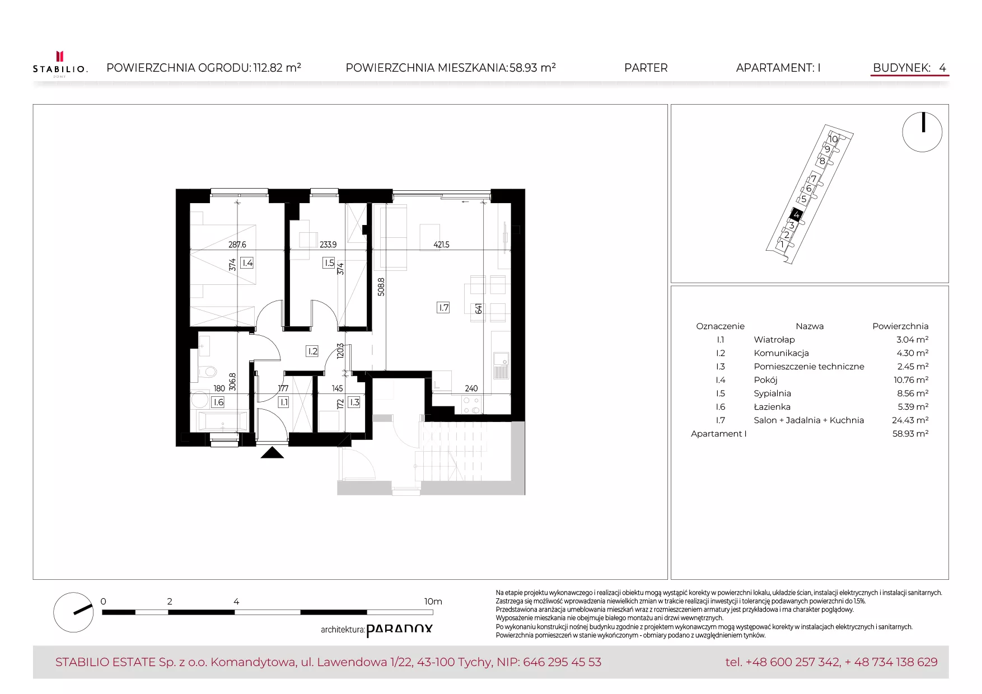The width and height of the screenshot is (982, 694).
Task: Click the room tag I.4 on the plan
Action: tap(247, 262)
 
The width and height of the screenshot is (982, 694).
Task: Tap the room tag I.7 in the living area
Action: tap(443, 307)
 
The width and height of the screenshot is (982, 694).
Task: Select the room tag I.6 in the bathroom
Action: tap(218, 402)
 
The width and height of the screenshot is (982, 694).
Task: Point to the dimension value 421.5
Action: tap(441, 245)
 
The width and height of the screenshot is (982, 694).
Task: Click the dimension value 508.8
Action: tap(381, 287)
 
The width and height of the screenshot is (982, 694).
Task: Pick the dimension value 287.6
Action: tap(237, 245)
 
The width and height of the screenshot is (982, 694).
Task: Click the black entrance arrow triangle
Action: tap(272, 452)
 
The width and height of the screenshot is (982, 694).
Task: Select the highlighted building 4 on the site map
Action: tap(796, 214)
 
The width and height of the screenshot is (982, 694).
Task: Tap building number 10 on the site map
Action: tap(833, 139)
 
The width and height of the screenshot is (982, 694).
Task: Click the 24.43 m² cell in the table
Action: tap(910, 420)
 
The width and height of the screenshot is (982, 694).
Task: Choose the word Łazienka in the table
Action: tap(772, 407)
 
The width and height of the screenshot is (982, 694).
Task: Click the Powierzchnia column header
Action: tap(900, 326)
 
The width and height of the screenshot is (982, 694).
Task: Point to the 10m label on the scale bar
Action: tap(433, 602)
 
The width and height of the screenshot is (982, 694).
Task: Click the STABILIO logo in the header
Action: tap(60, 64)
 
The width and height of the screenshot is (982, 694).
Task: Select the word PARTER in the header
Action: tap(646, 68)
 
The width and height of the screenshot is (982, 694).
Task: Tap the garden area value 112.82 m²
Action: tap(277, 68)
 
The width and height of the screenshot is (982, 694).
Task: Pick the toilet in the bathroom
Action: tap(207, 371)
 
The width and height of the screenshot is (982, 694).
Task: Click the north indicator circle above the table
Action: tap(922, 132)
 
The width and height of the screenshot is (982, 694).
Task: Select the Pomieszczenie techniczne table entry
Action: tap(809, 367)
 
